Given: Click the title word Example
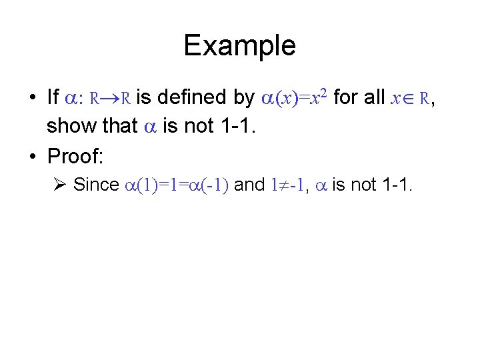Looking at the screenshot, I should click(x=239, y=46).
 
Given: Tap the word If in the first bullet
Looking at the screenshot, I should click(x=53, y=98).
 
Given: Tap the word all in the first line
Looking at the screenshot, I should click(x=372, y=98).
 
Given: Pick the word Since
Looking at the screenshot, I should click(x=96, y=185).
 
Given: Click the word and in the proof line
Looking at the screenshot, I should click(x=250, y=185).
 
